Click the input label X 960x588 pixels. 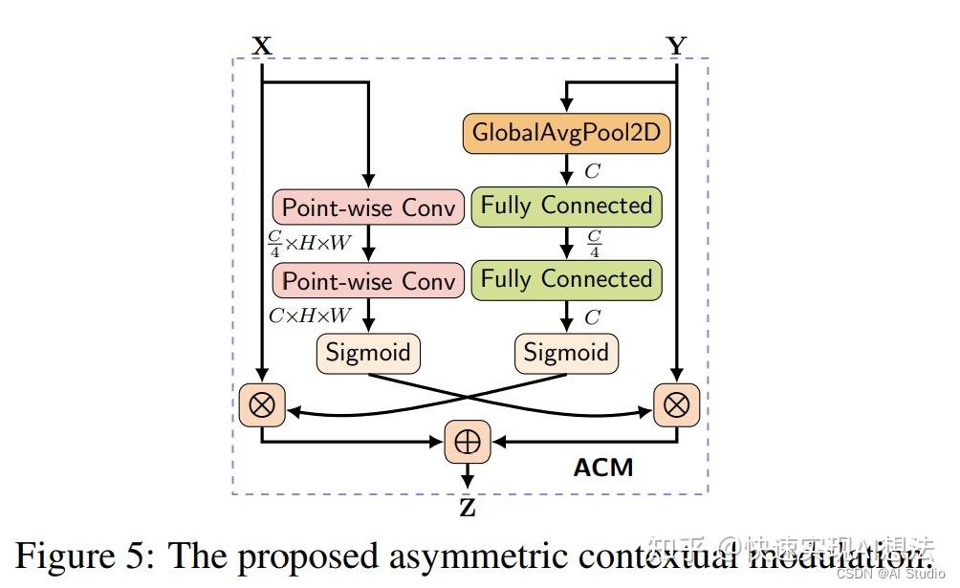tap(261, 45)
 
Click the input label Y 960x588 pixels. tap(676, 45)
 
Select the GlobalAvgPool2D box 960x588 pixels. tap(566, 133)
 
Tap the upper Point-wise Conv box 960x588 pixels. tap(368, 207)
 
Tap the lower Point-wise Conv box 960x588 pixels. tap(368, 281)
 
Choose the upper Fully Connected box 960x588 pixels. tap(566, 207)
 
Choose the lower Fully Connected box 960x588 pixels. tap(566, 280)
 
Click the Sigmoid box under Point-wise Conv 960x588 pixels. tap(368, 353)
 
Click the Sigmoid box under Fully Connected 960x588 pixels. tap(566, 353)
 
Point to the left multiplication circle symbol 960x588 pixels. tap(261, 406)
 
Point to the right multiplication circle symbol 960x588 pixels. tap(676, 406)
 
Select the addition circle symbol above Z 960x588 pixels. tap(468, 442)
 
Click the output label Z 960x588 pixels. tap(468, 509)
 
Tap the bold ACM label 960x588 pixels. tap(602, 468)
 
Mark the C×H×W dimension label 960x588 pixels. tap(310, 316)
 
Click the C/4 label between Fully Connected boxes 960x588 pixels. tap(594, 244)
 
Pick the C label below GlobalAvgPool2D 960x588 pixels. tap(592, 171)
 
